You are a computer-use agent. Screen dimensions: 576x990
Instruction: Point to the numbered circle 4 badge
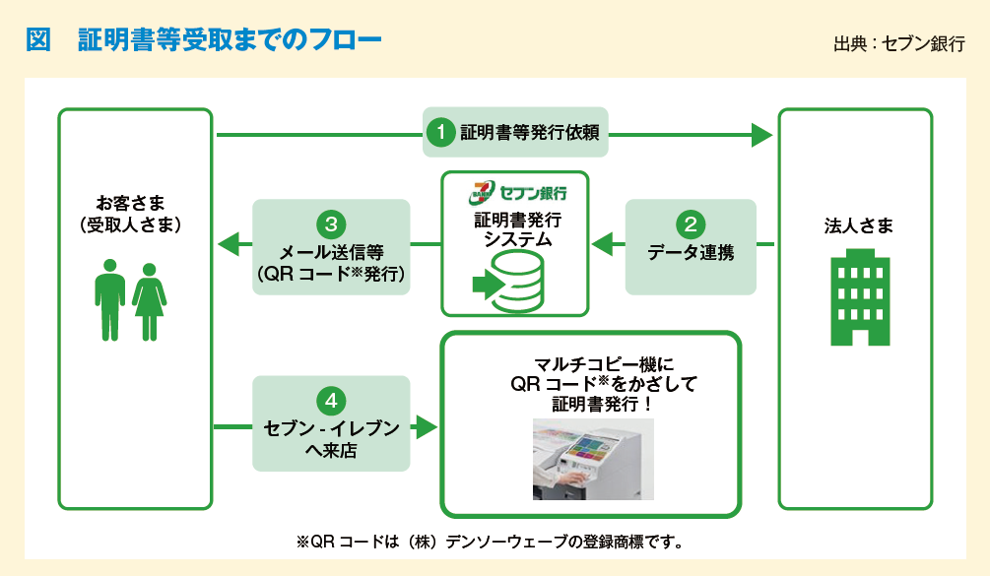331,401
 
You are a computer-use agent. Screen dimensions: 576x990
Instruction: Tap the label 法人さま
859,226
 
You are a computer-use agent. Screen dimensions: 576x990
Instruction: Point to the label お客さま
133,204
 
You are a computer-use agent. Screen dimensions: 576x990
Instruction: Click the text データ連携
691,251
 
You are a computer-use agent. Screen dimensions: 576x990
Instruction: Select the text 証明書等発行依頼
530,132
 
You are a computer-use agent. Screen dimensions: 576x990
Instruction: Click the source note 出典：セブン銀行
898,43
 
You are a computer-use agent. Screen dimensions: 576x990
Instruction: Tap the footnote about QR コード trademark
490,541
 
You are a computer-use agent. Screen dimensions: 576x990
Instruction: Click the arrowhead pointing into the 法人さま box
761,134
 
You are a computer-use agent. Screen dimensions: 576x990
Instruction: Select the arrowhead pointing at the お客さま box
227,242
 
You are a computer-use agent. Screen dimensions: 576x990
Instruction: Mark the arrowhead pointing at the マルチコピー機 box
426,426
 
